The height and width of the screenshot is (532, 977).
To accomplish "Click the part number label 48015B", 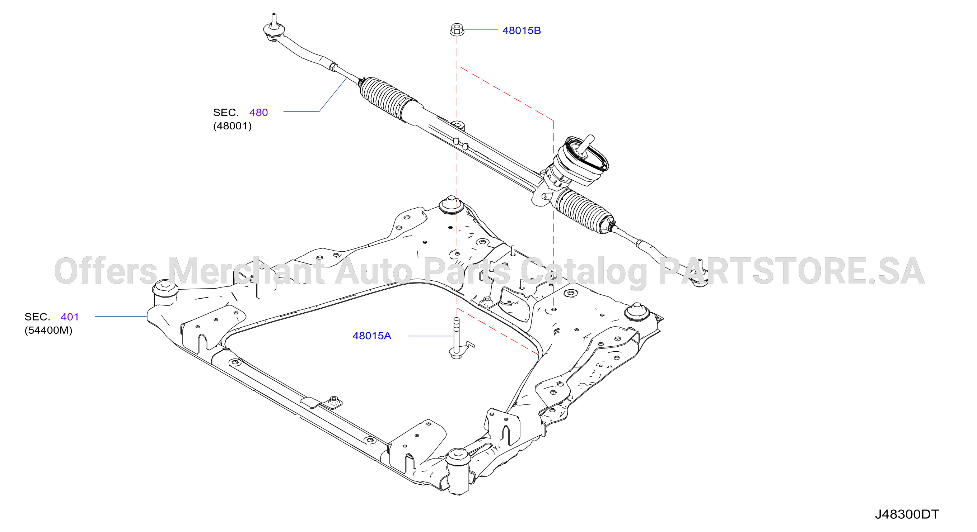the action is click(522, 31).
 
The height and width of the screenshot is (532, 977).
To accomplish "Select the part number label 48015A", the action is click(372, 336).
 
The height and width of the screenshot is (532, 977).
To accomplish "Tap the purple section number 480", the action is click(258, 113).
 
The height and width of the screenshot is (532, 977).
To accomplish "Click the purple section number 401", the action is click(70, 317).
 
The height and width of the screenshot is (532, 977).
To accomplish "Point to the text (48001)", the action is click(232, 126).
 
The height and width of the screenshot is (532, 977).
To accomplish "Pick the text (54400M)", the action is click(48, 331).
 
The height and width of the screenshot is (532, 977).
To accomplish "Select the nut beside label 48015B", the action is click(457, 29).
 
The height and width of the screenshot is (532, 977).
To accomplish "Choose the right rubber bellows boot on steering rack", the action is click(584, 212).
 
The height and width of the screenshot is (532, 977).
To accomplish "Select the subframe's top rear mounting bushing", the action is click(451, 206).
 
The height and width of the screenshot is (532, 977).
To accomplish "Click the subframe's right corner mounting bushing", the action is click(637, 312).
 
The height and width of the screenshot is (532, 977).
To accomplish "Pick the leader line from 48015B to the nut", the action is click(481, 29).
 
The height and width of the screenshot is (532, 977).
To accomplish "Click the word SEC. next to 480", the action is click(226, 113).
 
